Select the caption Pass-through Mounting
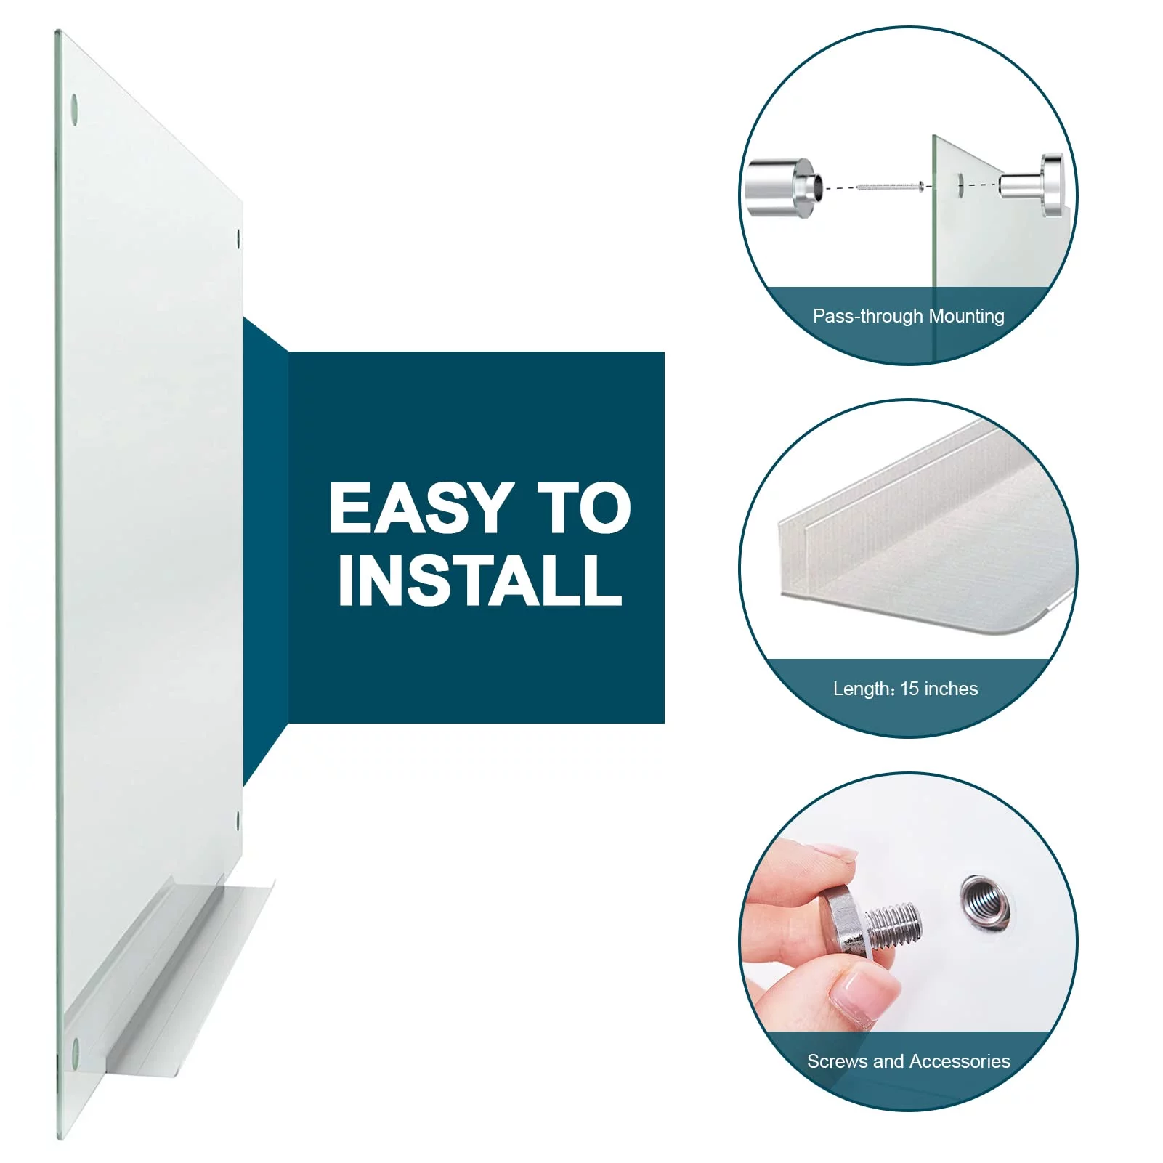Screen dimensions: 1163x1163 coord(908,317)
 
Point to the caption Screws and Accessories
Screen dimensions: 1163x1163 coord(908,1061)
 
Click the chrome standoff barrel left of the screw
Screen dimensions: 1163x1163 coord(785,189)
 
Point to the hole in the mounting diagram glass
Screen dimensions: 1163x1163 coord(960,185)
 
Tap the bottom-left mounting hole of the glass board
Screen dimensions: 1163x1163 coord(76,1048)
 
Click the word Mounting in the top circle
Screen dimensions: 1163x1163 coord(967,317)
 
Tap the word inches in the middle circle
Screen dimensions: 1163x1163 coord(951,689)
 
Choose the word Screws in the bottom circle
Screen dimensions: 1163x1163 coord(838,1061)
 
